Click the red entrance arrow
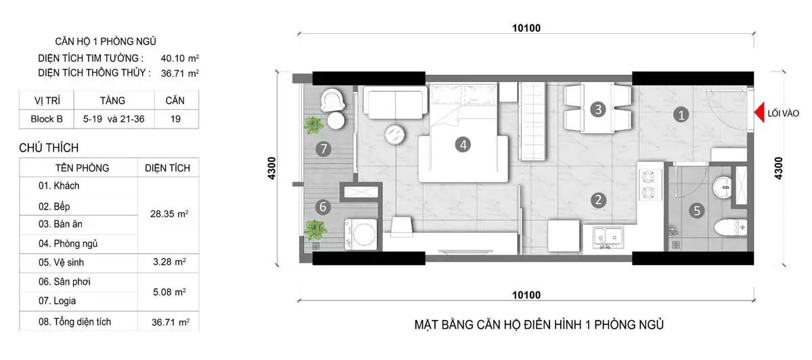(x=760, y=112)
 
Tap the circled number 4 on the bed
(x=463, y=145)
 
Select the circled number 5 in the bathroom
(x=697, y=210)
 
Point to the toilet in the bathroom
(x=729, y=227)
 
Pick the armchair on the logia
(x=333, y=100)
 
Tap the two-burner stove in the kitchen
(x=648, y=185)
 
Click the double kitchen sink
(x=608, y=237)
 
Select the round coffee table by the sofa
(x=394, y=135)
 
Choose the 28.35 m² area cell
(x=169, y=214)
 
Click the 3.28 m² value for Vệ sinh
(x=169, y=262)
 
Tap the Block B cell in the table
(x=47, y=119)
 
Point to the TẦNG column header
(x=113, y=100)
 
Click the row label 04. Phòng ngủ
(x=68, y=244)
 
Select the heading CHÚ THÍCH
(x=49, y=148)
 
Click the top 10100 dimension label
(x=526, y=28)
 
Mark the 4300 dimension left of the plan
(x=271, y=168)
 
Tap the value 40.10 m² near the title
(x=180, y=58)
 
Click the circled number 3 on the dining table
(x=598, y=109)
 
